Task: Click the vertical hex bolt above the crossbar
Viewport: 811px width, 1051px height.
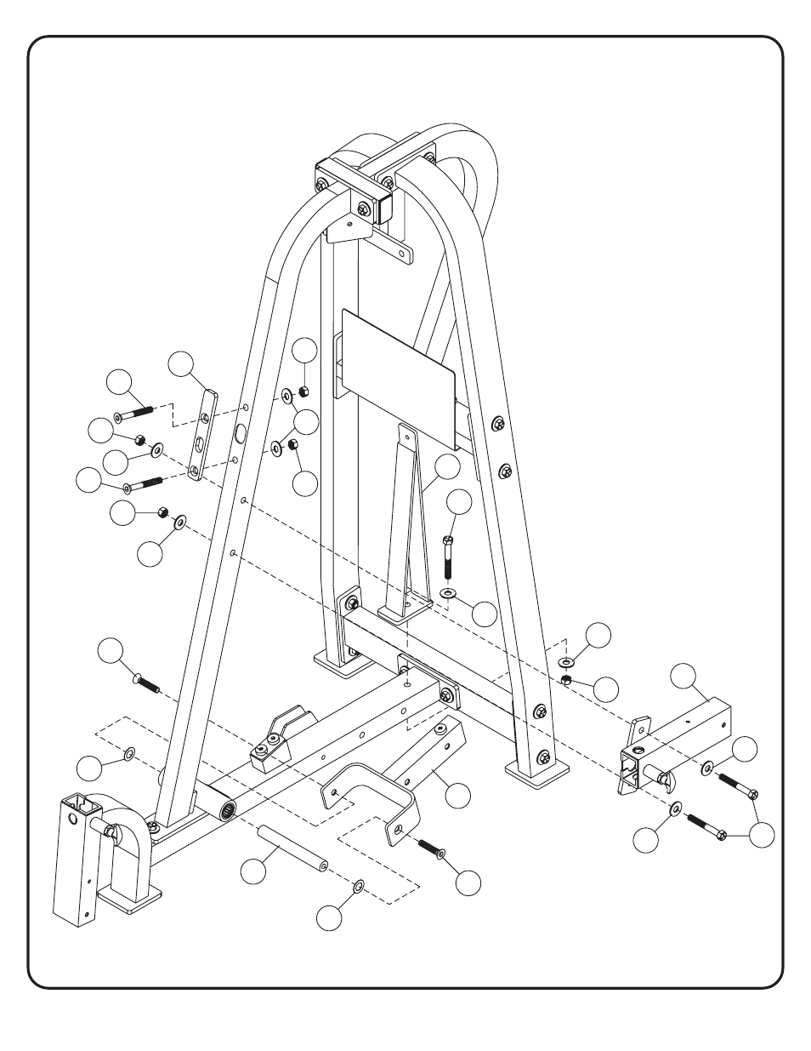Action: pyautogui.click(x=447, y=557)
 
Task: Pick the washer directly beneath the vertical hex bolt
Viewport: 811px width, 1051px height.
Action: pyautogui.click(x=448, y=592)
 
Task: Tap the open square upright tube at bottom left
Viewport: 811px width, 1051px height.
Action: pyautogui.click(x=77, y=860)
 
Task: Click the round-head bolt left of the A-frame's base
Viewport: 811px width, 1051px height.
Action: pyautogui.click(x=146, y=681)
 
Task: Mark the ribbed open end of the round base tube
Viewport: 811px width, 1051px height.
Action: pyautogui.click(x=229, y=811)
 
